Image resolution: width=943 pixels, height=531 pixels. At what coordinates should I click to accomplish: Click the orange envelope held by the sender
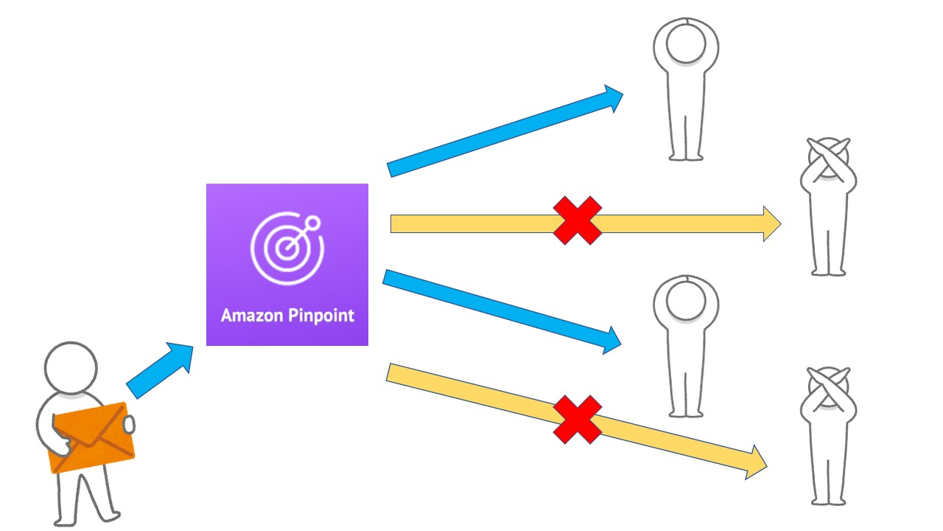[92, 437]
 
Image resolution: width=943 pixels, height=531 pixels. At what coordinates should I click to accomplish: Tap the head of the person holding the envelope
[71, 368]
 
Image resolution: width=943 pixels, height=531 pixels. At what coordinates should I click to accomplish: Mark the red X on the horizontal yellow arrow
[578, 221]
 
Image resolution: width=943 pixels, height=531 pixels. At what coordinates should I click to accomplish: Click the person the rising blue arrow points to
[685, 88]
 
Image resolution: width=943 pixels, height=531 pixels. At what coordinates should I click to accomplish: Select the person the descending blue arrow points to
[685, 347]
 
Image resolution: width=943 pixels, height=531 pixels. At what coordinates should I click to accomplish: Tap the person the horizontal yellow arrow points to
[829, 206]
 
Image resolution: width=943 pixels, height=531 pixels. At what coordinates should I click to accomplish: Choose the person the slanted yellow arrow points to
[829, 435]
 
